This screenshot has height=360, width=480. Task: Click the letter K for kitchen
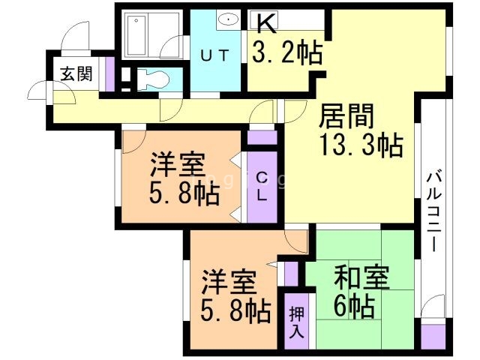click(x=266, y=24)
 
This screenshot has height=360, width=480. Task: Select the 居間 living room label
click(x=346, y=116)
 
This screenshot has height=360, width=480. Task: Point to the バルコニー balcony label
click(x=434, y=211)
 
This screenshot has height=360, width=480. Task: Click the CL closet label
click(x=262, y=187)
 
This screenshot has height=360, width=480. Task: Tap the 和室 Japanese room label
click(x=361, y=277)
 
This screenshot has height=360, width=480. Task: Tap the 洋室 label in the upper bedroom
click(x=178, y=164)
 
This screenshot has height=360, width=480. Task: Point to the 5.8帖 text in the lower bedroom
click(x=235, y=310)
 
